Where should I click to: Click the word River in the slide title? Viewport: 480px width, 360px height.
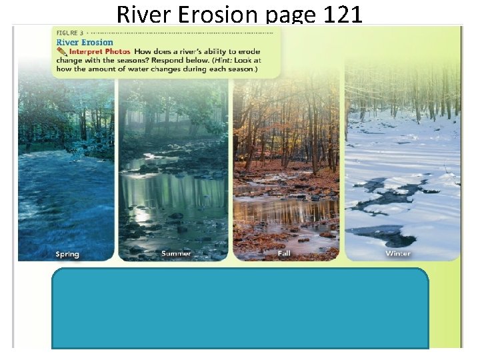pyautogui.click(x=138, y=14)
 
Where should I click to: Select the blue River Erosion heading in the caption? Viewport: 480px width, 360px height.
pyautogui.click(x=85, y=42)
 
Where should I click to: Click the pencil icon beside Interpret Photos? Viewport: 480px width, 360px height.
pyautogui.click(x=63, y=51)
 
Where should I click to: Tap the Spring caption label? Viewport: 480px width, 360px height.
pyautogui.click(x=67, y=254)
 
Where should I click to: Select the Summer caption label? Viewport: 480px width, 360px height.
pyautogui.click(x=176, y=253)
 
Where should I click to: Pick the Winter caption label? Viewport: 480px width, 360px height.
pyautogui.click(x=398, y=253)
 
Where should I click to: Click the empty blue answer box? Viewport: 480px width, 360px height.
pyautogui.click(x=240, y=308)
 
